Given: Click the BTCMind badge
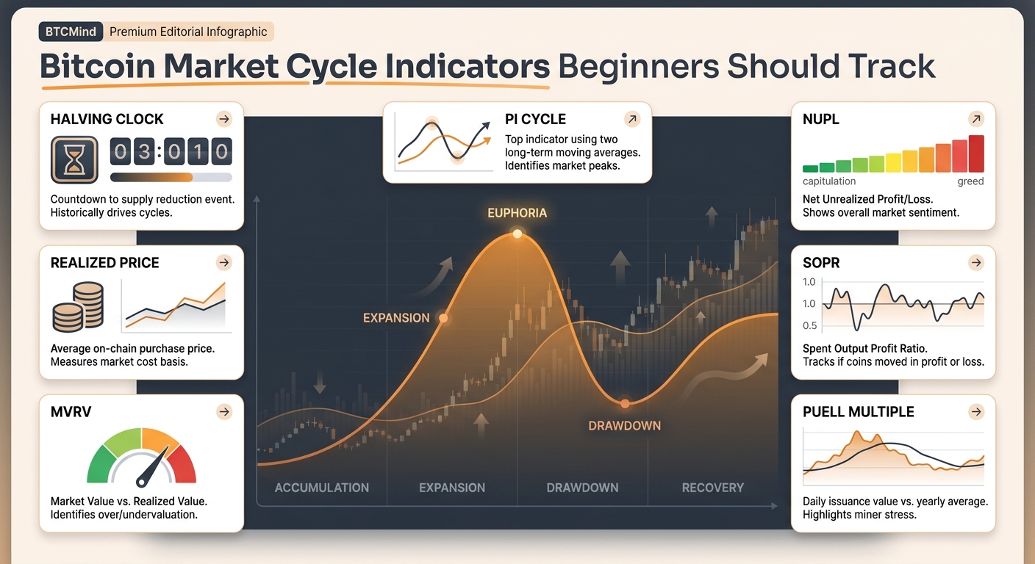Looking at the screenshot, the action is pyautogui.click(x=71, y=32).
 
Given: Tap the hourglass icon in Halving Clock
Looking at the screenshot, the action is pyautogui.click(x=74, y=159).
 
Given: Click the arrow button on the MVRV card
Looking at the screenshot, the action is pyautogui.click(x=224, y=412).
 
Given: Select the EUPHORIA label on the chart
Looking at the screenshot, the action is pyautogui.click(x=517, y=213).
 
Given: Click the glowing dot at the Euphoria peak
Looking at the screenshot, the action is pyautogui.click(x=517, y=234).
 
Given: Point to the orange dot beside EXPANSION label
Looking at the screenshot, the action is pyautogui.click(x=443, y=318).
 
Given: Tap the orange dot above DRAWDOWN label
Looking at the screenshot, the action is pyautogui.click(x=625, y=404).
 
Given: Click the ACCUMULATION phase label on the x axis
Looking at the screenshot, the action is pyautogui.click(x=321, y=488).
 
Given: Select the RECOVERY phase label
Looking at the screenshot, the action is pyautogui.click(x=713, y=488).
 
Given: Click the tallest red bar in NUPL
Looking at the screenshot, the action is pyautogui.click(x=976, y=153).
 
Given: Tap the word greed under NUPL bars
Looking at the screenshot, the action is pyautogui.click(x=970, y=181).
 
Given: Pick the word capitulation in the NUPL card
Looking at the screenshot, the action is pyautogui.click(x=829, y=181).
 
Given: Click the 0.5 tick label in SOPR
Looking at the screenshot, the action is pyautogui.click(x=809, y=326).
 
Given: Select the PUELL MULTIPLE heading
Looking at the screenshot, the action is pyautogui.click(x=858, y=412).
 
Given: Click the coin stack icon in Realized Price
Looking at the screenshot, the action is pyautogui.click(x=78, y=307).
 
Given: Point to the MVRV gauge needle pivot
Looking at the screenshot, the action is pyautogui.click(x=141, y=482).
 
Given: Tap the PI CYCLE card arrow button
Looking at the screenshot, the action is pyautogui.click(x=632, y=119).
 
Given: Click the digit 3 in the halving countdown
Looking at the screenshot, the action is pyautogui.click(x=144, y=151).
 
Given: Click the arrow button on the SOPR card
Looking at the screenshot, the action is pyautogui.click(x=976, y=263).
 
